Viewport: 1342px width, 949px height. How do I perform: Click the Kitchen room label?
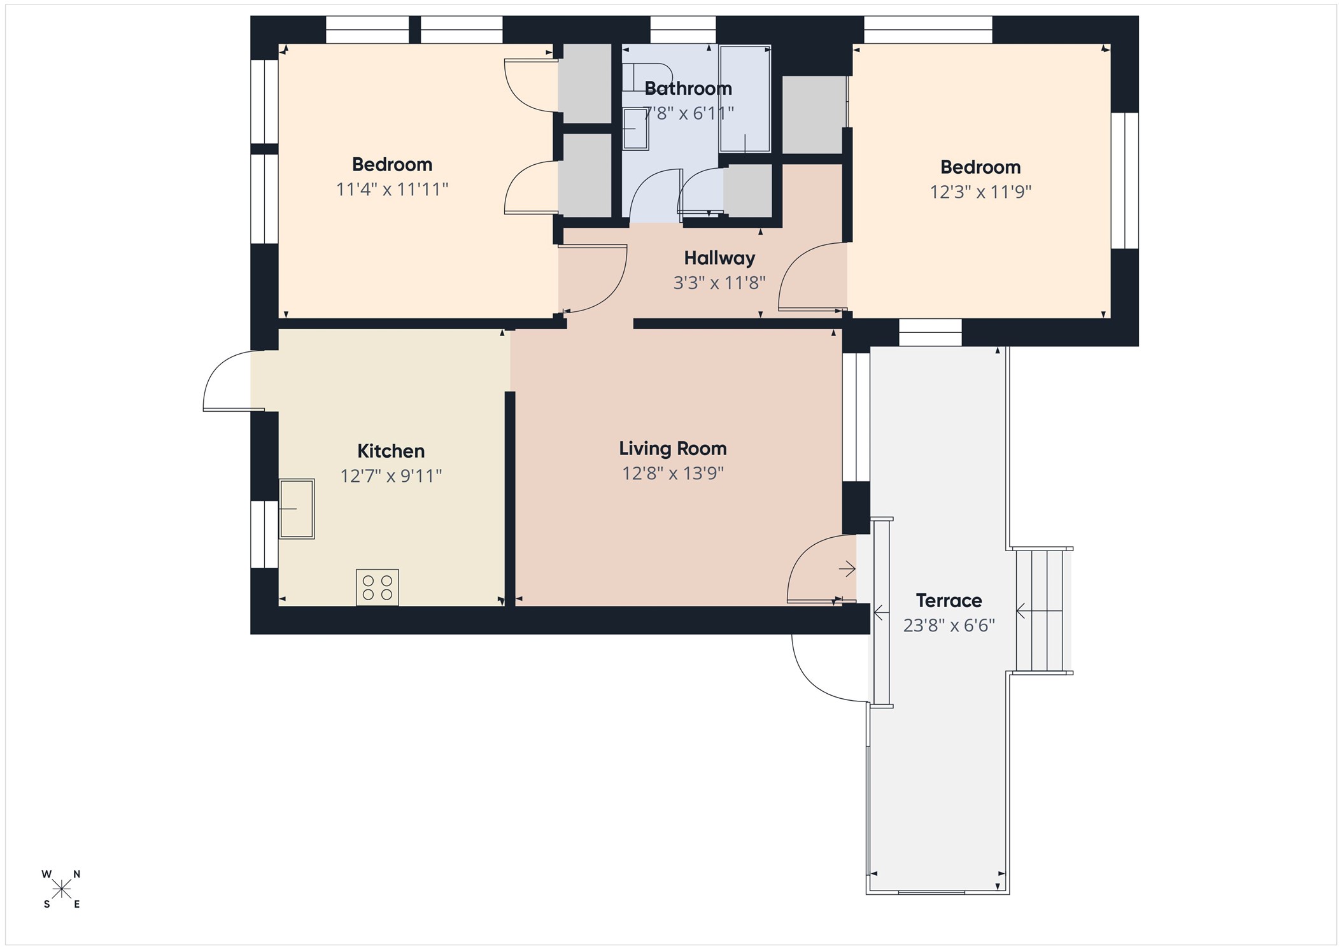391,451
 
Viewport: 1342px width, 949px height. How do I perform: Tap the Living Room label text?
673,449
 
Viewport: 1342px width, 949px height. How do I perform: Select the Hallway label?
719,258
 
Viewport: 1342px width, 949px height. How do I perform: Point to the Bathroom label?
688,88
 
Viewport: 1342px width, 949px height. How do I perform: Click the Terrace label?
949,601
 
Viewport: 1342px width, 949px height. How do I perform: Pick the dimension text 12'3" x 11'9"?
980,192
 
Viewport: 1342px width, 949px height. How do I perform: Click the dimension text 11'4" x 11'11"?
392,190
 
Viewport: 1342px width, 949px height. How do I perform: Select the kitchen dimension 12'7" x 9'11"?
391,476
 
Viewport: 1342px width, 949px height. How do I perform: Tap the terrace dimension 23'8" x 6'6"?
949,626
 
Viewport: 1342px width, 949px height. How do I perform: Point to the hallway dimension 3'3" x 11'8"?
719,283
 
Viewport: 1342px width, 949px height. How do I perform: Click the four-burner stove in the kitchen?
378,587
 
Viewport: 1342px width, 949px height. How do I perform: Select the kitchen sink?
297,509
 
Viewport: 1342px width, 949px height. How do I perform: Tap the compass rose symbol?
61,889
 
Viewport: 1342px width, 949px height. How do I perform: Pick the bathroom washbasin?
635,129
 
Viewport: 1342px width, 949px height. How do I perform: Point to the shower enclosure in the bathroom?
745,99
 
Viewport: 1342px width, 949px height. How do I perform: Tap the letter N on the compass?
76,875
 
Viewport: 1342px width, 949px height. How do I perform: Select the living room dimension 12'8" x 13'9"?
673,474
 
